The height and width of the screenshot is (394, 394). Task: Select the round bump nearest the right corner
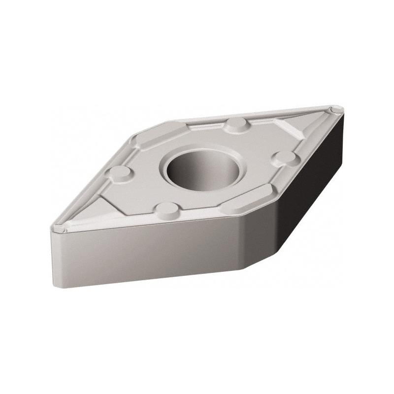pyautogui.click(x=284, y=158)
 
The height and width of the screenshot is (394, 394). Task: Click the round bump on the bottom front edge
pyautogui.click(x=165, y=210)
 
